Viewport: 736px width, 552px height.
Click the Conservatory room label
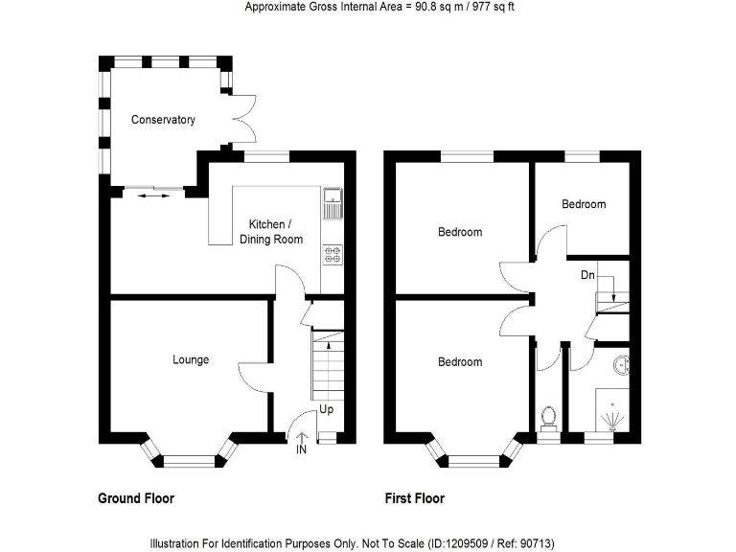pyautogui.click(x=163, y=120)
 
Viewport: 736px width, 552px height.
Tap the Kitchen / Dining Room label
pyautogui.click(x=276, y=232)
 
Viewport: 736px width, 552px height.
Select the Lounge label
pyautogui.click(x=191, y=359)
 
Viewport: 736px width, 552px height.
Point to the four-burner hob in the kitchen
pyautogui.click(x=333, y=255)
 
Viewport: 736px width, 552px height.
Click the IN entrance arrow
pyautogui.click(x=302, y=442)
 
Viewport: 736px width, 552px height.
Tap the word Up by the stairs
pyautogui.click(x=327, y=409)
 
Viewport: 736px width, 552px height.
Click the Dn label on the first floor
pyautogui.click(x=588, y=275)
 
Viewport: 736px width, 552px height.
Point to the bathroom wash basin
pyautogui.click(x=621, y=365)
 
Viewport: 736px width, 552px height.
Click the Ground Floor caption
pyautogui.click(x=136, y=498)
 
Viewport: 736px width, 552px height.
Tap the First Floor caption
pyautogui.click(x=415, y=498)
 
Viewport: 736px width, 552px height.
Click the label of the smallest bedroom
pyautogui.click(x=584, y=204)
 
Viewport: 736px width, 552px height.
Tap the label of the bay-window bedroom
pyautogui.click(x=460, y=361)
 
